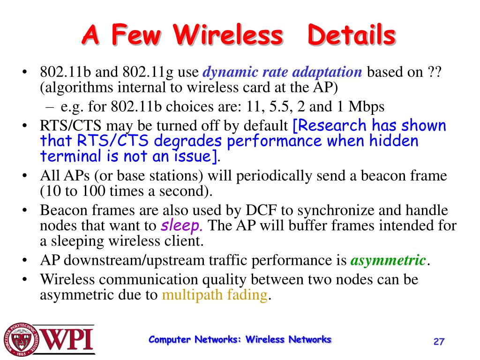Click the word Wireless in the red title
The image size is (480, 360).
(x=228, y=35)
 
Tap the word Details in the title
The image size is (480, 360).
(x=352, y=35)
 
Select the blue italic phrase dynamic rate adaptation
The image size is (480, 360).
(x=282, y=72)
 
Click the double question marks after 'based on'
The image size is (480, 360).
(x=434, y=72)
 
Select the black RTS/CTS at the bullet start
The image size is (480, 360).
(x=70, y=126)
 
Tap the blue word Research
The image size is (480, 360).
(x=330, y=126)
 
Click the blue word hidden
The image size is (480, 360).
(x=394, y=141)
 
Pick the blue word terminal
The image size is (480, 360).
(x=70, y=156)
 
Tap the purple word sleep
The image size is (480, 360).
(x=181, y=226)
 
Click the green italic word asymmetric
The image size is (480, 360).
(x=388, y=260)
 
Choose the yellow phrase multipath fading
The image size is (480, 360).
(x=215, y=295)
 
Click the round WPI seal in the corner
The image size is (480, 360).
(x=22, y=339)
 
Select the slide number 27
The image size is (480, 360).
(x=439, y=341)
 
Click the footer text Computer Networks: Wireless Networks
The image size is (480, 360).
(x=240, y=339)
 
